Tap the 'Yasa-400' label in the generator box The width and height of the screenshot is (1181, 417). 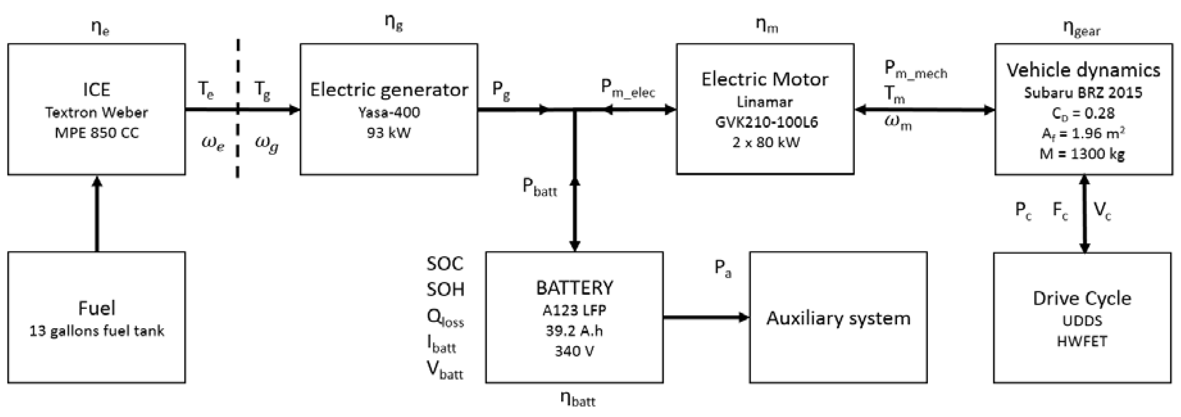(389, 112)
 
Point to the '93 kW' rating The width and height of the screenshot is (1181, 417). (389, 133)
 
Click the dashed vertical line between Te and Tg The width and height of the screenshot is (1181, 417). (237, 138)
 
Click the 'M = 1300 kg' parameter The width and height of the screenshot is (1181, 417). (1082, 154)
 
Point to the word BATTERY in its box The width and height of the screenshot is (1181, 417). (574, 288)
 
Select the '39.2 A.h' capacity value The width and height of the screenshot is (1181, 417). (574, 331)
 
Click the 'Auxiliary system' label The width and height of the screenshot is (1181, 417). (838, 318)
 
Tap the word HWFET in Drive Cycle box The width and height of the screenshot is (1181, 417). (1082, 341)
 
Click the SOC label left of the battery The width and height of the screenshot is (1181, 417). (445, 263)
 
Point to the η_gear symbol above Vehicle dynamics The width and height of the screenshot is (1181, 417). (1081, 29)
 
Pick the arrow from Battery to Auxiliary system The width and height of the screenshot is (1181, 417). (706, 317)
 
